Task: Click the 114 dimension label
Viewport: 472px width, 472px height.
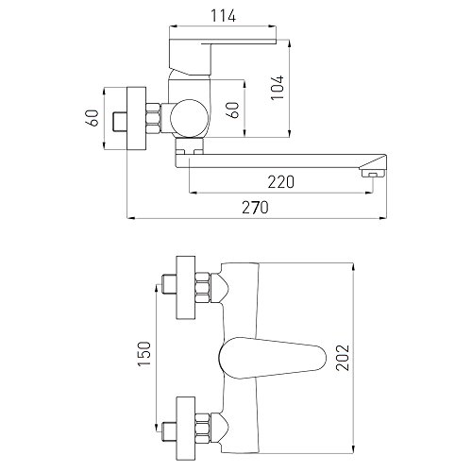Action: [x=223, y=16]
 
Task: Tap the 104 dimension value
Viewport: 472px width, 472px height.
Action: [x=278, y=88]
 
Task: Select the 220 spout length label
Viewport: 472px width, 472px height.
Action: [x=281, y=182]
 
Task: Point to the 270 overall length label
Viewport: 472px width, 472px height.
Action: [x=255, y=208]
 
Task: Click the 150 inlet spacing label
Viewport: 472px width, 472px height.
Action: [x=144, y=354]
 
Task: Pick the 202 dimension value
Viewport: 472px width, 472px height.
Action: [x=343, y=358]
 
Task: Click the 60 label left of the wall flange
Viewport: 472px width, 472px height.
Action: [x=93, y=118]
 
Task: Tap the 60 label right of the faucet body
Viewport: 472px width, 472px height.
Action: [x=233, y=110]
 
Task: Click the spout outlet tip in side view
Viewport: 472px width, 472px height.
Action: [x=374, y=173]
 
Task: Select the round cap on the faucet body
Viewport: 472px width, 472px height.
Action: [x=189, y=118]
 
